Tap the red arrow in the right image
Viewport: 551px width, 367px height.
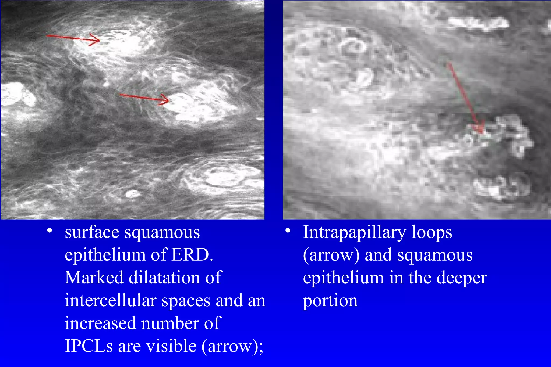pos(466,98)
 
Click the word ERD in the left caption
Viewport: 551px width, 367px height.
pos(192,255)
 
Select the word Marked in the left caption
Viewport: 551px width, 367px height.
pos(94,278)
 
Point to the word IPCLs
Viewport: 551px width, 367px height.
pos(89,346)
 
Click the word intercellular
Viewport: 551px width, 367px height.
pos(111,300)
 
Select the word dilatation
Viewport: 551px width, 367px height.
pos(164,278)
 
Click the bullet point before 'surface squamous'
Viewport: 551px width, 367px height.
pos(49,231)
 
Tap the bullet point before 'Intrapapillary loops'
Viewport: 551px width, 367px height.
pos(288,231)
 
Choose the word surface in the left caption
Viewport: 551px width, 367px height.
pos(92,232)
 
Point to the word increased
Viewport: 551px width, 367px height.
pos(100,323)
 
